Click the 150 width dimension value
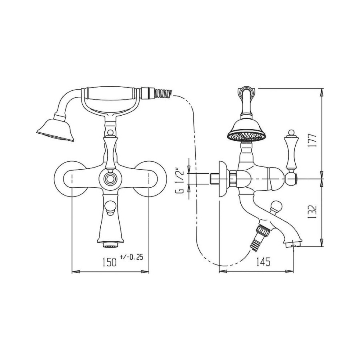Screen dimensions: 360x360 pyautogui.click(x=109, y=262)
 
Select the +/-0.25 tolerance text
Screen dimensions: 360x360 pyautogui.click(x=131, y=257)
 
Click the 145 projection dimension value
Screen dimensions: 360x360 pyautogui.click(x=263, y=262)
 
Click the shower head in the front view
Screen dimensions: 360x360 pyautogui.click(x=55, y=130)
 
